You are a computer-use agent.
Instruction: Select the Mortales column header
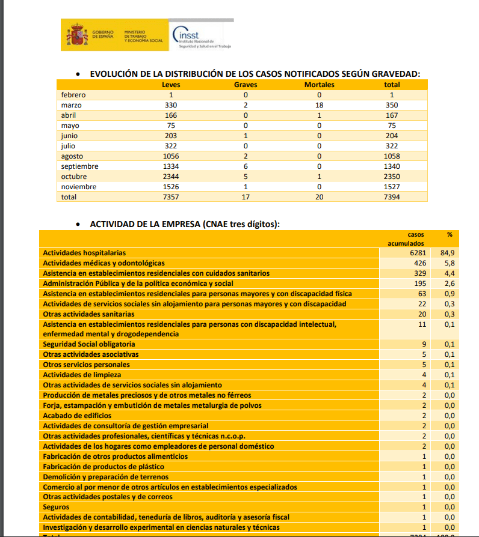click(x=319, y=85)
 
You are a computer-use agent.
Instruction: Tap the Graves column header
click(x=246, y=85)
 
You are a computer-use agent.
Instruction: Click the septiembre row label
click(x=79, y=166)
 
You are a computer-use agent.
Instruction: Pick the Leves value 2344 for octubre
click(x=171, y=177)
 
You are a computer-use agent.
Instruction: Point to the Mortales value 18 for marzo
click(x=319, y=105)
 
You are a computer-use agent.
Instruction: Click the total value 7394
click(x=392, y=197)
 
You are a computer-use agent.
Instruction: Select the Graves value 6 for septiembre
click(x=246, y=166)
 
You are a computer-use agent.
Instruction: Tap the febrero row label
click(x=73, y=95)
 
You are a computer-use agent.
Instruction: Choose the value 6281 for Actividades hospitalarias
click(x=415, y=253)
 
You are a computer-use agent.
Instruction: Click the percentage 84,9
click(x=447, y=253)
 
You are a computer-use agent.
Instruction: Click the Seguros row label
click(x=57, y=507)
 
